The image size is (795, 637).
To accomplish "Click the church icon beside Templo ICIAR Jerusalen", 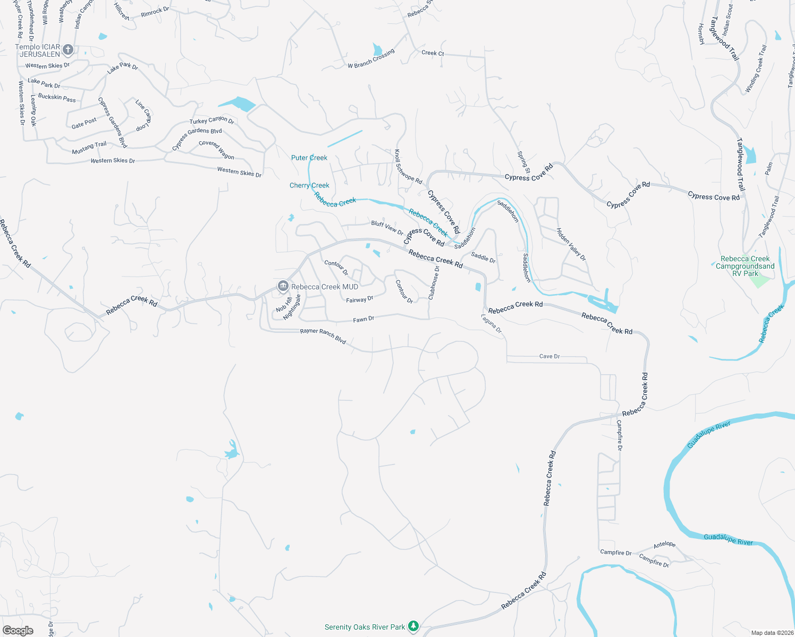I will click(x=67, y=50).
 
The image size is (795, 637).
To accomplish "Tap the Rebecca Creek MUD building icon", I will click(x=283, y=287).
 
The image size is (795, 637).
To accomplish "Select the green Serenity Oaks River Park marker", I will click(x=413, y=627).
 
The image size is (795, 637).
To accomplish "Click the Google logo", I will click(x=18, y=631).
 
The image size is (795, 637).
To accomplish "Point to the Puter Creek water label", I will click(x=309, y=158).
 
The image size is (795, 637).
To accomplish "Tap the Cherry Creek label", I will click(x=309, y=185).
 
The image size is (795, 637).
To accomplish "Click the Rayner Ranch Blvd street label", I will click(x=323, y=335).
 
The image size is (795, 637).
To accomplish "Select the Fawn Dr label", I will click(x=363, y=319).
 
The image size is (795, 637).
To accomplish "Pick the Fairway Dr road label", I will click(x=360, y=299).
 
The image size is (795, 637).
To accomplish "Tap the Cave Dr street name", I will click(x=549, y=356).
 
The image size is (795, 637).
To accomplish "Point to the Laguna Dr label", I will click(x=492, y=323).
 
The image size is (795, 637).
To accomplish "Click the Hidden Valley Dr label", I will click(x=571, y=244).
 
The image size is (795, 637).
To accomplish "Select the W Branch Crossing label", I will click(x=371, y=58).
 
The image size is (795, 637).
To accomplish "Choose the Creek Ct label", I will click(x=433, y=53).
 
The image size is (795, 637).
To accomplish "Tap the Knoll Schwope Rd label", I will click(x=408, y=167).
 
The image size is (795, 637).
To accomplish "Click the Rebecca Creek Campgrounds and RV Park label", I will click(x=745, y=266).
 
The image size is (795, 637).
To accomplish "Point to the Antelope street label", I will click(x=664, y=545).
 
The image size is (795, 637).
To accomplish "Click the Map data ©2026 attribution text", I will click(x=772, y=633).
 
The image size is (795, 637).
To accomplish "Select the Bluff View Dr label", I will click(x=387, y=227).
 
